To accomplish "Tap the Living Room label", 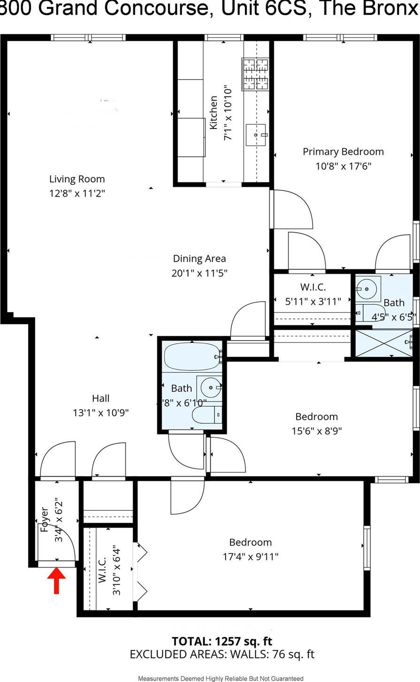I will pyautogui.click(x=77, y=179).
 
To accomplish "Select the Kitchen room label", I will pyautogui.click(x=214, y=113).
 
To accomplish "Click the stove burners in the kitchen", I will pyautogui.click(x=255, y=74).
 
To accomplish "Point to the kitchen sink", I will pyautogui.click(x=256, y=135).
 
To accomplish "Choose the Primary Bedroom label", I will pyautogui.click(x=343, y=152).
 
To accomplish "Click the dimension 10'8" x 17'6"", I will pyautogui.click(x=343, y=166).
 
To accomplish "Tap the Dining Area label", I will pyautogui.click(x=199, y=258).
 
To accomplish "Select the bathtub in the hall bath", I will pyautogui.click(x=191, y=356).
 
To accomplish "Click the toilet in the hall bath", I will pyautogui.click(x=206, y=415).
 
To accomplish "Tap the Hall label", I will pyautogui.click(x=100, y=398).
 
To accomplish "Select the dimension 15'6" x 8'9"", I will pyautogui.click(x=316, y=431).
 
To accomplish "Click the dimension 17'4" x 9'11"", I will pyautogui.click(x=251, y=557).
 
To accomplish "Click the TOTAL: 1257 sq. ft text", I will pyautogui.click(x=222, y=641).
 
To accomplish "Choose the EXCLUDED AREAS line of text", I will pyautogui.click(x=222, y=654).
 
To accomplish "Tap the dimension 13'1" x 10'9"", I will pyautogui.click(x=100, y=413).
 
